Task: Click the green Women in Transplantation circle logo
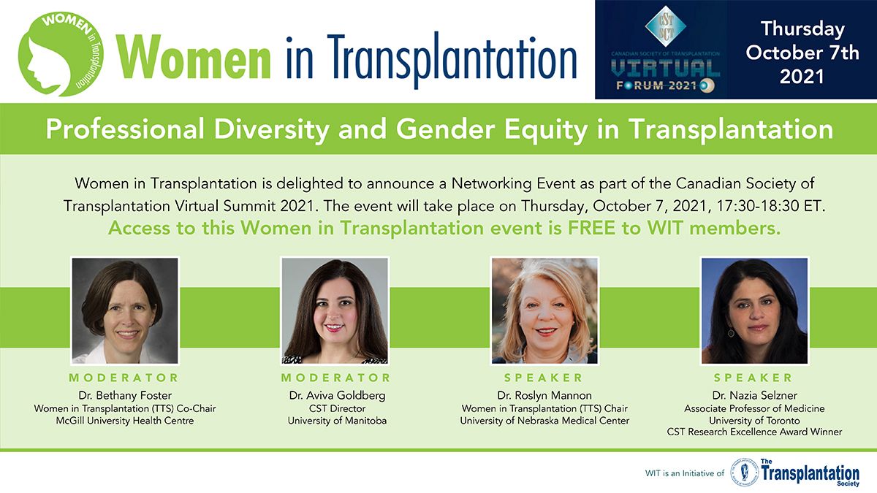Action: click(x=61, y=54)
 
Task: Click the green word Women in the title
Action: click(x=194, y=57)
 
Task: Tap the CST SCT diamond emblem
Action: click(x=666, y=26)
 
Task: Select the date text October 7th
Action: click(x=802, y=53)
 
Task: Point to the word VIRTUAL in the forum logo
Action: click(x=666, y=69)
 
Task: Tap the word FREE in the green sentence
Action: click(x=591, y=229)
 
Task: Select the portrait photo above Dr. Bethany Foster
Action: click(x=125, y=310)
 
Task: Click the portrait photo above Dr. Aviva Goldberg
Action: click(x=335, y=310)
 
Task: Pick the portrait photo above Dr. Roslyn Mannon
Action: click(x=544, y=310)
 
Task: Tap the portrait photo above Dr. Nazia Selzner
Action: click(x=754, y=310)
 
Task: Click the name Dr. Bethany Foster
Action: click(x=125, y=395)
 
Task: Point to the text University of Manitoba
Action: click(x=337, y=421)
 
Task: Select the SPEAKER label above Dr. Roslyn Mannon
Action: click(x=544, y=378)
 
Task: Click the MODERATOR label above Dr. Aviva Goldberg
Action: click(x=335, y=378)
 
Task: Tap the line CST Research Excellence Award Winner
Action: click(x=754, y=432)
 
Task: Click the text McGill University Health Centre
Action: click(x=125, y=421)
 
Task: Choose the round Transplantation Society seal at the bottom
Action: click(x=744, y=473)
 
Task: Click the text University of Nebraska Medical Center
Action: click(x=544, y=421)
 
